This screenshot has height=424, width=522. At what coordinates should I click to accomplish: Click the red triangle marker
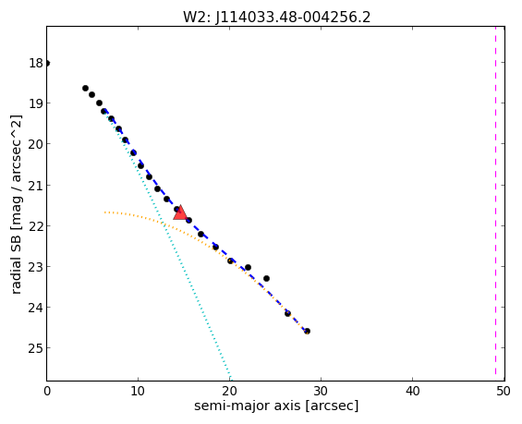pos(180,212)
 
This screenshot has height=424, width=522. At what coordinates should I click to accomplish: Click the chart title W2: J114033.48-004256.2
pos(276,17)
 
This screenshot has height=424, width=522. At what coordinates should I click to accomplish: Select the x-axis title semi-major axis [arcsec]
pos(276,406)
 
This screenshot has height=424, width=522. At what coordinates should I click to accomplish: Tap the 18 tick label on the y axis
pos(36,63)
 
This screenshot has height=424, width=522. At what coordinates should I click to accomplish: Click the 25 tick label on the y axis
pos(36,347)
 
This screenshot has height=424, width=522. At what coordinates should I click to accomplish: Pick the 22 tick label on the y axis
pos(36,225)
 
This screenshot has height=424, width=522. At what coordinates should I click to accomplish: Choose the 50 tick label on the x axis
pos(503,391)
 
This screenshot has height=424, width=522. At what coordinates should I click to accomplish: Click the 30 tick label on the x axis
pos(321,391)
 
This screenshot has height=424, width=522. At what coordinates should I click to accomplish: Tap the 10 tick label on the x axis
pos(138,391)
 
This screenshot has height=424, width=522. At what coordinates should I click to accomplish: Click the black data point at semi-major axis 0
pos(47,63)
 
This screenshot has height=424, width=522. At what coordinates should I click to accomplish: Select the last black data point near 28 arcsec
pos(307,331)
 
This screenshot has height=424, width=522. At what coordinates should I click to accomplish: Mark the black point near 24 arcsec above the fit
pos(266,278)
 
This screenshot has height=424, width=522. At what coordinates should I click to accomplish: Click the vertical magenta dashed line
pos(495,203)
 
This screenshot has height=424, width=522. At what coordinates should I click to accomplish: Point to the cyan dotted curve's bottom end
pos(230,380)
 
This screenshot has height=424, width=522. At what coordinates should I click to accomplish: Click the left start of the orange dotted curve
pos(105,212)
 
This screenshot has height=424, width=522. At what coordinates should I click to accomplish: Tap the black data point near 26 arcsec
pos(287,313)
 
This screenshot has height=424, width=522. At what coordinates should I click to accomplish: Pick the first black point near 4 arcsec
pos(85,88)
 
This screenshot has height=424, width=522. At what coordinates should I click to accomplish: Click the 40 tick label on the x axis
pos(412,391)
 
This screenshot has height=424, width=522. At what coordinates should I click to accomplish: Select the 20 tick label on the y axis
pos(36,144)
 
